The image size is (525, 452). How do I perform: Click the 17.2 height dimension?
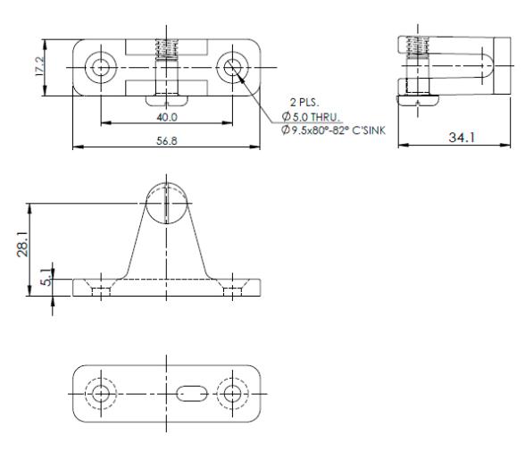pos(39,66)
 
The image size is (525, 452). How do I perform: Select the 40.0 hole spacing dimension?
pos(167,117)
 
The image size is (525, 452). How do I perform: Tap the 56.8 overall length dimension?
pos(167,141)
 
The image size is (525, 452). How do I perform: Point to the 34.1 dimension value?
pos(462,138)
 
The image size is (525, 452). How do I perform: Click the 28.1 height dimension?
pos(22,246)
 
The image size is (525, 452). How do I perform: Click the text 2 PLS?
pos(304,102)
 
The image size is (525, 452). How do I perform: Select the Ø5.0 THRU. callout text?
pos(311,117)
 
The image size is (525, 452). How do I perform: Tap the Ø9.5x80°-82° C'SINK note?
pos(334,130)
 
